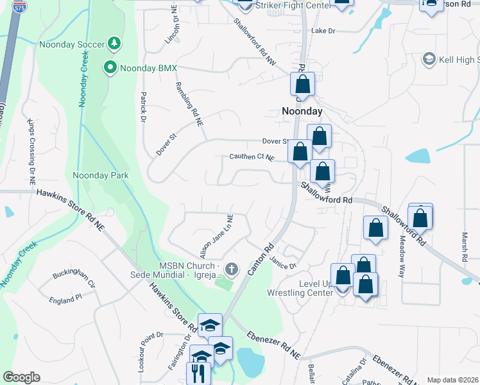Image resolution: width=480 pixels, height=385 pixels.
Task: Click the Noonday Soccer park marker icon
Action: tap(114, 43)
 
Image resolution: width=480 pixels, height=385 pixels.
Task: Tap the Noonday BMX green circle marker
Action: tap(110, 67)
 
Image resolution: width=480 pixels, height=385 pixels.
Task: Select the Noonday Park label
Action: tap(100, 175)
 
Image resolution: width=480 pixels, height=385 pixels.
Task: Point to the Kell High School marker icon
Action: tap(428, 60)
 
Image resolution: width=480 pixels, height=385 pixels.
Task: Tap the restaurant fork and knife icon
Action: tap(199, 372)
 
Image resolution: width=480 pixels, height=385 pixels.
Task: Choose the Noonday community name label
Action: tap(302, 111)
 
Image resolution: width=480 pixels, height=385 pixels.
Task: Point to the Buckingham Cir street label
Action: tap(74, 278)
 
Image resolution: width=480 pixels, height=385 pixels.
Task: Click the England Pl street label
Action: tap(66, 298)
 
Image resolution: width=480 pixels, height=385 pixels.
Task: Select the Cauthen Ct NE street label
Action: tap(252, 157)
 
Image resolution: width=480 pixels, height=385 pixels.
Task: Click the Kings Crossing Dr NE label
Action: tap(30, 151)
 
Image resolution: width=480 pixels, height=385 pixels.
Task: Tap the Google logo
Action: tap(21, 377)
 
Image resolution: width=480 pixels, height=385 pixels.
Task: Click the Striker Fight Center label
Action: tap(293, 6)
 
